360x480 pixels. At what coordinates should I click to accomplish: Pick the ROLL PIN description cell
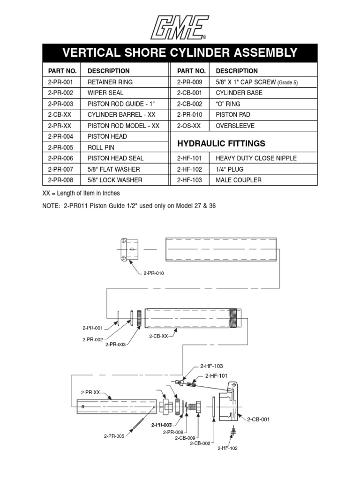pos(100,147)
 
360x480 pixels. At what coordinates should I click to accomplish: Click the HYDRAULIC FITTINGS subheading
pos(240,143)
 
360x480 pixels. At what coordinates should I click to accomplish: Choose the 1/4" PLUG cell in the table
pos(230,169)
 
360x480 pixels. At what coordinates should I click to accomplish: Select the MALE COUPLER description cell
pos(239,180)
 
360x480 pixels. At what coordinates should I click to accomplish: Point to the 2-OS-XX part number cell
pos(189,126)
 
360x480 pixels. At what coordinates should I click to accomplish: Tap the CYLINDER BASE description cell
pos(239,93)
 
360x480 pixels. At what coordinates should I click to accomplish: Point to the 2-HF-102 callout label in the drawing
pos(227,449)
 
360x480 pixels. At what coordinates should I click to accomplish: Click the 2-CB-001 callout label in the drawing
pos(258,419)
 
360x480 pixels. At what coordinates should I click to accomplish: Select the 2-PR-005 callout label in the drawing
pos(114,436)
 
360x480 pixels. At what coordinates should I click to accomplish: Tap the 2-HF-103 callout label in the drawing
pos(211,366)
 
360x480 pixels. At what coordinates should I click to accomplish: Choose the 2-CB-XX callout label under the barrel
pos(158,336)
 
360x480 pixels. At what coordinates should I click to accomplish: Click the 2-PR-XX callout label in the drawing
pos(90,392)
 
